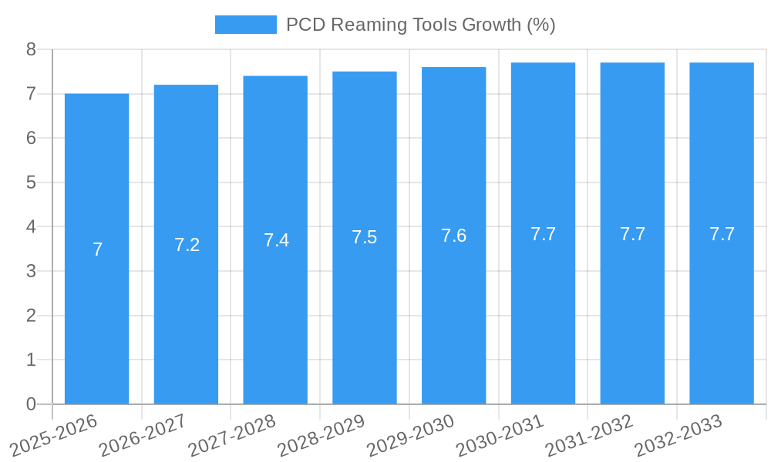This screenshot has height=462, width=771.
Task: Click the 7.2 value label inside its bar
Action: point(187,245)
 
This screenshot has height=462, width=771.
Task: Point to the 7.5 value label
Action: point(365,237)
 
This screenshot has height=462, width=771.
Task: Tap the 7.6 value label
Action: point(453,236)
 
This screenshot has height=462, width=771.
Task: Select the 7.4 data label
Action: point(276,240)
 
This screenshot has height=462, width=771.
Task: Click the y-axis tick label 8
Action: point(31,49)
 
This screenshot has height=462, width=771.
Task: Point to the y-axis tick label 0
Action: point(31,404)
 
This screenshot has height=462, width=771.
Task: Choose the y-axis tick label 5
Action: point(31,182)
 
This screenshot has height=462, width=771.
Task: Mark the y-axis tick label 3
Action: point(31,271)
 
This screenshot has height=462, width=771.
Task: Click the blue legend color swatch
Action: point(245,25)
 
